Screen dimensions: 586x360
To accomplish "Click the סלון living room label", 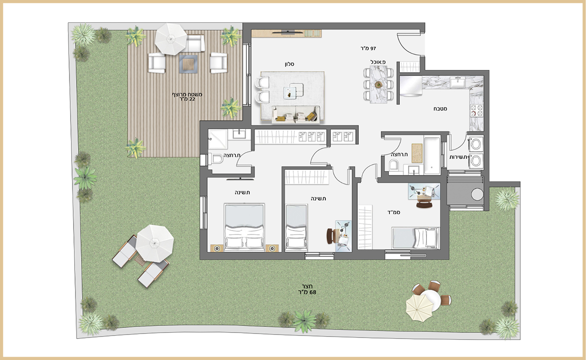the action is coord(289,64).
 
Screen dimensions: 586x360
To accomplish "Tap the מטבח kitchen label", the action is coord(440,108).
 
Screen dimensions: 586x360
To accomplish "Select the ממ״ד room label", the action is coord(394,212).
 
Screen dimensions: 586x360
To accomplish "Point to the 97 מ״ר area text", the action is coord(368,48).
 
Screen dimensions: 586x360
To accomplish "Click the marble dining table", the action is coord(379,84).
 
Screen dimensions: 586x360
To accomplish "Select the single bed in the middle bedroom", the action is coord(296,227).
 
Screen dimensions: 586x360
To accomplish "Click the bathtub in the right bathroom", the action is coord(432,155).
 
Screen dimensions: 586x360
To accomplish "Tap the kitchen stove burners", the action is coord(476,110).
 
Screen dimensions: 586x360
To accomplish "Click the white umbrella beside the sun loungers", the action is coord(154,243).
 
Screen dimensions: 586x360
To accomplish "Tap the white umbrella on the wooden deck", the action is coord(171,39).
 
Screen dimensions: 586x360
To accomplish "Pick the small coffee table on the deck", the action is coord(189,64).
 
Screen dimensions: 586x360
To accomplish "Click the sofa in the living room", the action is coord(296,114).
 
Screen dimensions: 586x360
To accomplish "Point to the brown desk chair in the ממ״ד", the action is coord(423,204).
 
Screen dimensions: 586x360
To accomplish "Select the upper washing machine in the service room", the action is coord(476,144).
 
